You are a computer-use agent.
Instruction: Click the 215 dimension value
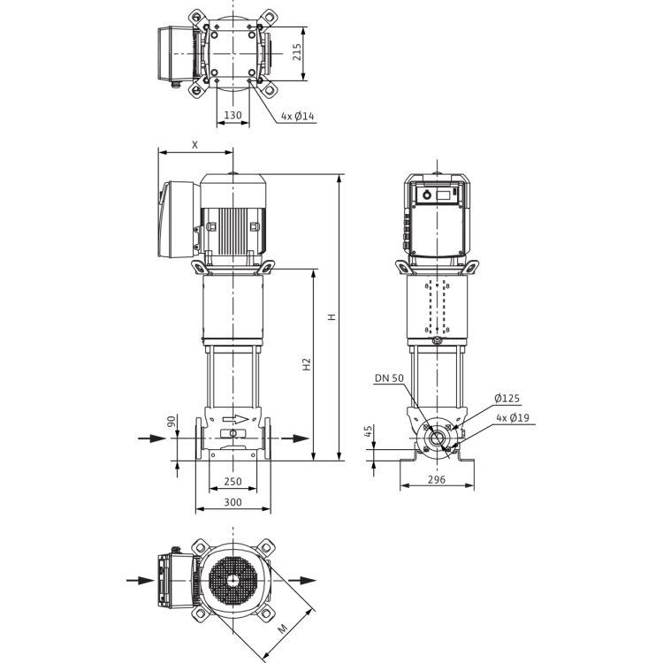tap(297, 52)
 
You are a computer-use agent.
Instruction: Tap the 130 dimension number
tap(232, 115)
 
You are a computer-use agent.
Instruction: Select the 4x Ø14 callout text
tap(298, 116)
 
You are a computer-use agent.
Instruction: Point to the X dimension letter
tap(195, 145)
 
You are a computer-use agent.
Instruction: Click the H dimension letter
tap(332, 316)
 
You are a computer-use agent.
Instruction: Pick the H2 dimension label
tap(307, 364)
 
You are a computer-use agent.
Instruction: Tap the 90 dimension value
tap(171, 421)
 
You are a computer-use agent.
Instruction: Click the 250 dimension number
tap(233, 481)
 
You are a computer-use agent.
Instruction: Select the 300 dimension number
tap(233, 502)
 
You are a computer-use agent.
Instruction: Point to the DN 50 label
tap(390, 378)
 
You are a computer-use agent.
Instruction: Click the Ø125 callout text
tap(507, 399)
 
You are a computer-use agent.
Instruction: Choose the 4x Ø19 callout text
tap(513, 418)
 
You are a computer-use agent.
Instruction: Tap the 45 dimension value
tap(369, 431)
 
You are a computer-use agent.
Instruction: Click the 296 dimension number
tap(437, 479)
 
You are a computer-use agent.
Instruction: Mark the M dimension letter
tap(283, 629)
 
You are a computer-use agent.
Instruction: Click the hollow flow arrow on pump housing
tap(235, 419)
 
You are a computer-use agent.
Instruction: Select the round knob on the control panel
tap(427, 195)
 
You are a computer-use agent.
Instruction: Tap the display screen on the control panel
tap(444, 195)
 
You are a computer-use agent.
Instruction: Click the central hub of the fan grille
tap(233, 580)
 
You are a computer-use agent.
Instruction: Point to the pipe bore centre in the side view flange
tap(437, 438)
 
